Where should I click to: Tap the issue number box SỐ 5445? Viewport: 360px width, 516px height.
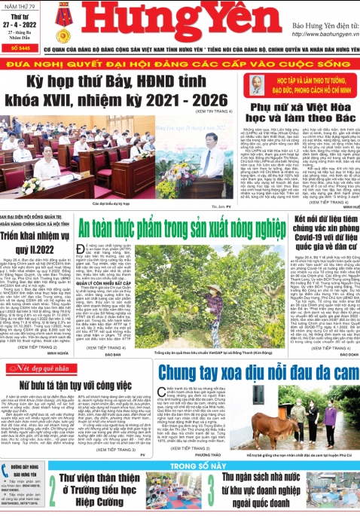click(x=20, y=47)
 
